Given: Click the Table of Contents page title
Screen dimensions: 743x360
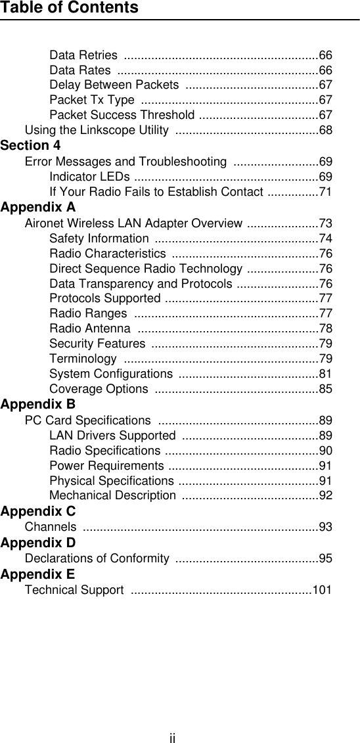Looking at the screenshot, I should (70, 8).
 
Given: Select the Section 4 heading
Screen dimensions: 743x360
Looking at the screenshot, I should (31, 145).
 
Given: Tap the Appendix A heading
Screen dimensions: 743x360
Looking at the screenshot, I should (38, 208).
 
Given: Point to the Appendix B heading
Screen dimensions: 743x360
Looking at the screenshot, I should (38, 404).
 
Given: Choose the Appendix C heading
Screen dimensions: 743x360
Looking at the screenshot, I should (38, 511).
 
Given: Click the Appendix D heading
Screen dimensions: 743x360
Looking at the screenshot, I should (38, 543).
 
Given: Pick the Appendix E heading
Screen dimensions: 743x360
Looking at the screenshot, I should (38, 574).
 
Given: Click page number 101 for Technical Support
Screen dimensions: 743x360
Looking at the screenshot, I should (322, 590).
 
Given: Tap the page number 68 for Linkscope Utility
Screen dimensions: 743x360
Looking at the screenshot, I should (325, 130).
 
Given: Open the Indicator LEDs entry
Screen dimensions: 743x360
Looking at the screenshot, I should (89, 177).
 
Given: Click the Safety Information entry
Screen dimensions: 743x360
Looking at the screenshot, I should (99, 239).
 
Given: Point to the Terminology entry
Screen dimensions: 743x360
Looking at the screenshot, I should (83, 358).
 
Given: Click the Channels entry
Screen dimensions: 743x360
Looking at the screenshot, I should (50, 527).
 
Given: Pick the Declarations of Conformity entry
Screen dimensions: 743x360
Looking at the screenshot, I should (97, 558).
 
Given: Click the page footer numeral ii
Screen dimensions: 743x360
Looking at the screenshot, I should (172, 738).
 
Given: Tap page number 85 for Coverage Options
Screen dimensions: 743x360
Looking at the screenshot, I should (325, 389).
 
